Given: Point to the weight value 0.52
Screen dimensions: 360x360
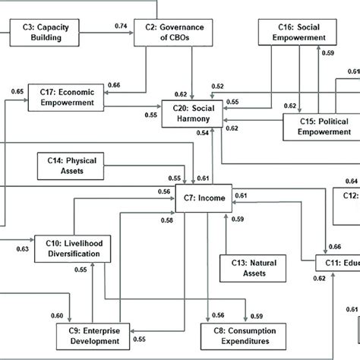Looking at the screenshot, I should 219,86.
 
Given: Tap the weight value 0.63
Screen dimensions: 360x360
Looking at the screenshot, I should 22,248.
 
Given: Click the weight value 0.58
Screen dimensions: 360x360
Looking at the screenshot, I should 167,220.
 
